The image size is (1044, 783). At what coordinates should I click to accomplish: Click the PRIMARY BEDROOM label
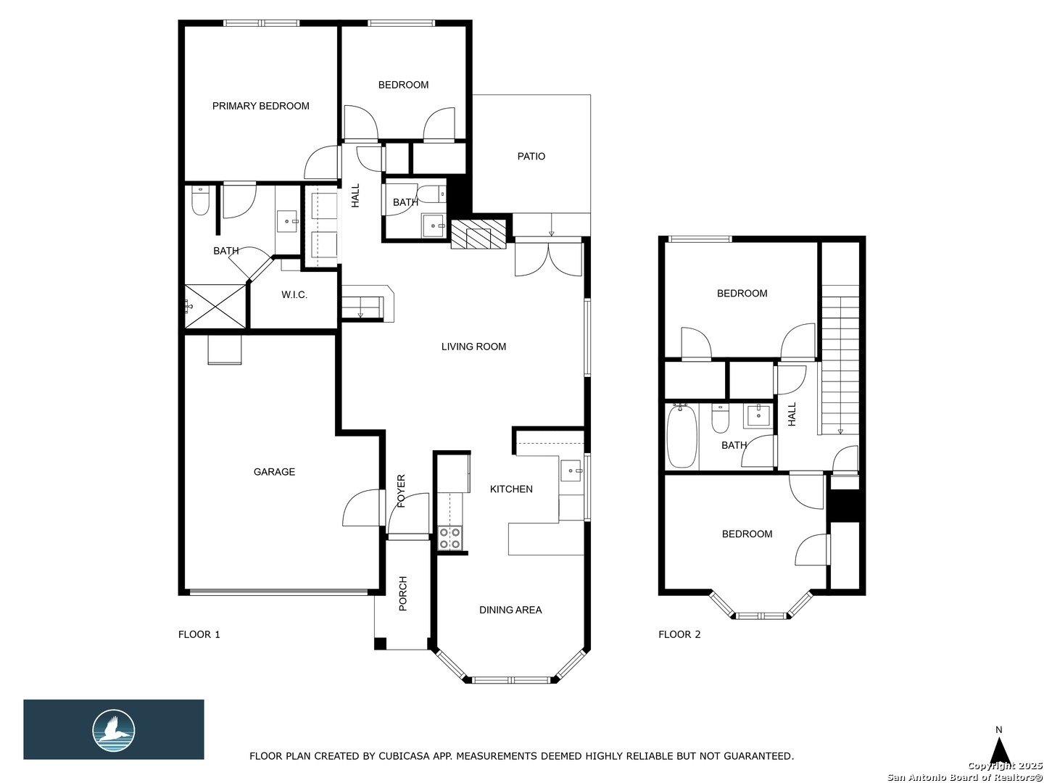pyautogui.click(x=261, y=106)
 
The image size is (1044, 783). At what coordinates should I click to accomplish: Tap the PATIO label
pyautogui.click(x=531, y=157)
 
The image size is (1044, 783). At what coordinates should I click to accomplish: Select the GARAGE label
pyautogui.click(x=274, y=472)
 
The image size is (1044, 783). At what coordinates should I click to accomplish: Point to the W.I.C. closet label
pyautogui.click(x=294, y=295)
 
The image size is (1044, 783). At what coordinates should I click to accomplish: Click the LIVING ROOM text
pyautogui.click(x=473, y=347)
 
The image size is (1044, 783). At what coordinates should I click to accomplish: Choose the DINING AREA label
pyautogui.click(x=510, y=610)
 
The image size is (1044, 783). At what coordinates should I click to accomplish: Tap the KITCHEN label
pyautogui.click(x=511, y=489)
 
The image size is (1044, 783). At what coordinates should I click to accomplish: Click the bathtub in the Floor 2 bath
pyautogui.click(x=682, y=436)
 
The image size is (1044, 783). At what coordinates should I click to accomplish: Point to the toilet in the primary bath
pyautogui.click(x=200, y=201)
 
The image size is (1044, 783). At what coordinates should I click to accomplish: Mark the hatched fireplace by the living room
pyautogui.click(x=478, y=234)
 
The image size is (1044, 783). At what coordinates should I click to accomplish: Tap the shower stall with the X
pyautogui.click(x=215, y=306)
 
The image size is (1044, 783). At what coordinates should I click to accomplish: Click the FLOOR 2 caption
pyautogui.click(x=679, y=634)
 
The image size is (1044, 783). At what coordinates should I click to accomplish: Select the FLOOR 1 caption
pyautogui.click(x=199, y=634)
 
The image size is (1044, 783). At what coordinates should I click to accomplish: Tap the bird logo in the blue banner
pyautogui.click(x=114, y=731)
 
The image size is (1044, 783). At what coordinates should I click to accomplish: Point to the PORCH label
pyautogui.click(x=403, y=594)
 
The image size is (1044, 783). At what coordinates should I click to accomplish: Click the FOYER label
pyautogui.click(x=402, y=491)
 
